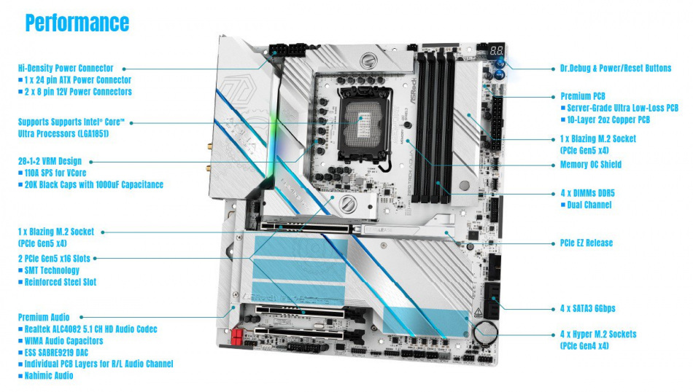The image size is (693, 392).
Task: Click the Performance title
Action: click(x=77, y=23)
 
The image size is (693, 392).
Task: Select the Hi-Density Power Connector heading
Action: click(x=66, y=68)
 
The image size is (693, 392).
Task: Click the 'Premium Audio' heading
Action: click(x=44, y=317)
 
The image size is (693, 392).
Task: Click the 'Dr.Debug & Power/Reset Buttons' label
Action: click(x=616, y=68)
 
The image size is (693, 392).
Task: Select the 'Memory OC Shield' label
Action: click(x=590, y=165)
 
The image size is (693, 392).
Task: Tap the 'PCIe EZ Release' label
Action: click(x=586, y=243)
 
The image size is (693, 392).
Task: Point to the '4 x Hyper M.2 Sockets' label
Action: click(x=597, y=334)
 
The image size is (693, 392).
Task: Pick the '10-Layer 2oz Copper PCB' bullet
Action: click(x=617, y=119)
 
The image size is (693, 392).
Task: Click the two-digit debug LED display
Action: click(x=495, y=52)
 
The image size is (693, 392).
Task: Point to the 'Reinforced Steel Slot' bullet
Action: click(x=61, y=282)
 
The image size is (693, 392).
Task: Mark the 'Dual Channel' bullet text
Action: click(x=589, y=205)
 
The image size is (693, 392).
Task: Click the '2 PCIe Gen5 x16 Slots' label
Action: click(x=55, y=258)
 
